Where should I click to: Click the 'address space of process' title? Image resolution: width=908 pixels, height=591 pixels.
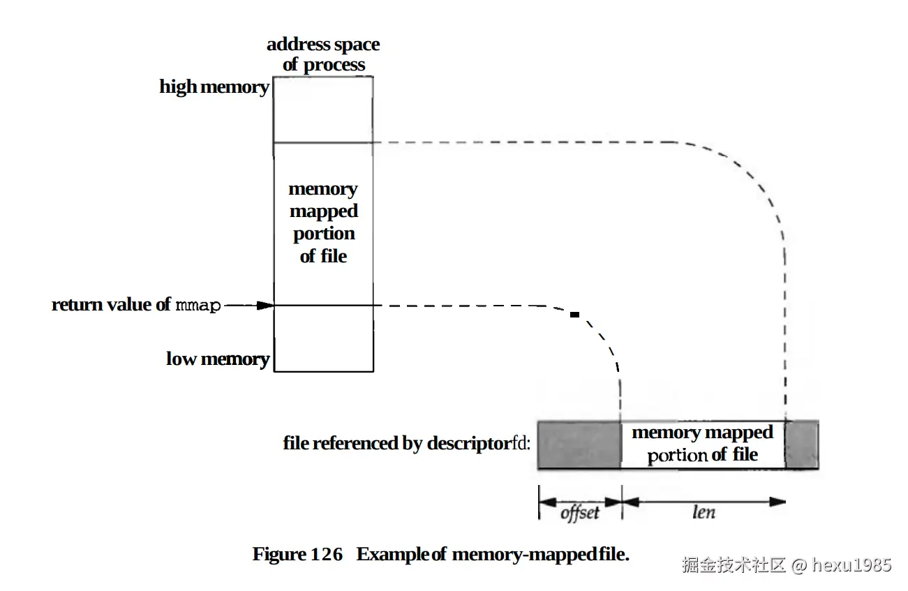tap(323, 54)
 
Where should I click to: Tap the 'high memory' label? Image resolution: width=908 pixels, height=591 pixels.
tap(214, 87)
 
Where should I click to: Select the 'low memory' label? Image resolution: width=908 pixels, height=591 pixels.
tap(218, 359)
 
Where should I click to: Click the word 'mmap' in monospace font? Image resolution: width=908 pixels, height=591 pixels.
tap(198, 306)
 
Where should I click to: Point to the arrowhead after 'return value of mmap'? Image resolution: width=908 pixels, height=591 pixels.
tap(264, 306)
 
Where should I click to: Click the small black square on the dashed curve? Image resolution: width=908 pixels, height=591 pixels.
tap(574, 315)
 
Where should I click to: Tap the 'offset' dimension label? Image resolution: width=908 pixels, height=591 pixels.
tap(580, 513)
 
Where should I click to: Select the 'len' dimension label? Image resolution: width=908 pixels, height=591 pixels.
tap(703, 512)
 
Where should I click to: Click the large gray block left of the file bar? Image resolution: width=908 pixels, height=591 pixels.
tap(579, 444)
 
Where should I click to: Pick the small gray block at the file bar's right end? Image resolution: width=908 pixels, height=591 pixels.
tap(802, 444)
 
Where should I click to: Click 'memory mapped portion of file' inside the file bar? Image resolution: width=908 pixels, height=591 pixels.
tap(702, 444)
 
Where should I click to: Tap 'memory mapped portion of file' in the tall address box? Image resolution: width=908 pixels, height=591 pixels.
tap(323, 223)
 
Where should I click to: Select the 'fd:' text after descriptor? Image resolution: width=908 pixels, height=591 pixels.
tap(521, 444)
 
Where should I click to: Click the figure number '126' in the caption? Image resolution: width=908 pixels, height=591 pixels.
tap(327, 555)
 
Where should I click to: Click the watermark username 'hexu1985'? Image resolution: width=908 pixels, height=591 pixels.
tap(852, 564)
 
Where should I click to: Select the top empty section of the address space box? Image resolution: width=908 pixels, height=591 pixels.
tap(323, 109)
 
